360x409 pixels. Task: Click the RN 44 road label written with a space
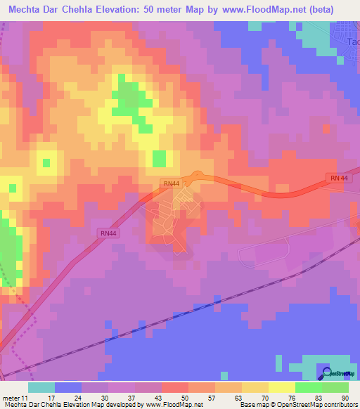click(338, 178)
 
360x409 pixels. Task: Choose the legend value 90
click(345, 397)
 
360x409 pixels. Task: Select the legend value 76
click(292, 397)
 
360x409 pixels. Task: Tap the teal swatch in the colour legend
click(41, 387)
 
